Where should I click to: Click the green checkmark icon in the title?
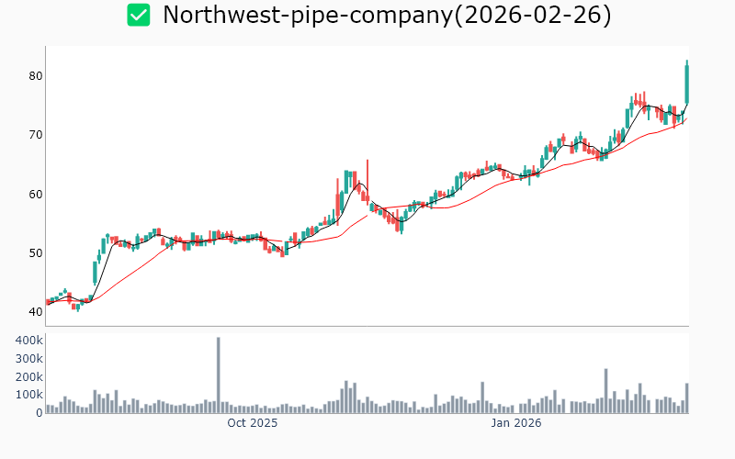139,15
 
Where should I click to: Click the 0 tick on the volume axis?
39,412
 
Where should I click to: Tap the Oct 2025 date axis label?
253,424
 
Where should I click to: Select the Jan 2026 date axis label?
515,424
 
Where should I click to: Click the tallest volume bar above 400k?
219,375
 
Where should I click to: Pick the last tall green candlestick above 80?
686,83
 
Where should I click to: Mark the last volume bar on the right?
686,398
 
